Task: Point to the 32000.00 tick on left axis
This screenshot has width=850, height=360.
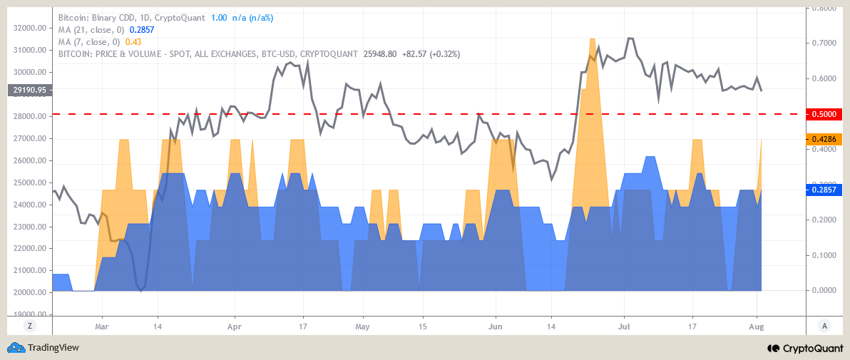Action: tap(30, 29)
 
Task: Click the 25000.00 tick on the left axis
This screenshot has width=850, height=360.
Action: tap(30, 183)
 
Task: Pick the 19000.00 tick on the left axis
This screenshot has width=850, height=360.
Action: tap(30, 314)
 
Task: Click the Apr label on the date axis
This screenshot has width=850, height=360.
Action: tap(234, 326)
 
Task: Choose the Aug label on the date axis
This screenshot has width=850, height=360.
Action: tap(756, 326)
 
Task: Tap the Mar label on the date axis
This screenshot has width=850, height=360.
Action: tap(101, 326)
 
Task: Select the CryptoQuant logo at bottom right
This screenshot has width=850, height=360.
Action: tap(804, 348)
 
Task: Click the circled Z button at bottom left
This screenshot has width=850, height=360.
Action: tap(30, 326)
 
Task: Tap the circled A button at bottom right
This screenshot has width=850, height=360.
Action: tap(824, 326)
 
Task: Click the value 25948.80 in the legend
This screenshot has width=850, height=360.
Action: tap(379, 53)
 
